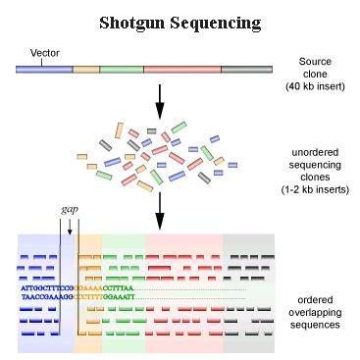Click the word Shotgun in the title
pos(131,22)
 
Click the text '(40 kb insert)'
pos(315,85)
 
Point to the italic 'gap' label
pos(70,210)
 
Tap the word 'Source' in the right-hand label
pos(315,61)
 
